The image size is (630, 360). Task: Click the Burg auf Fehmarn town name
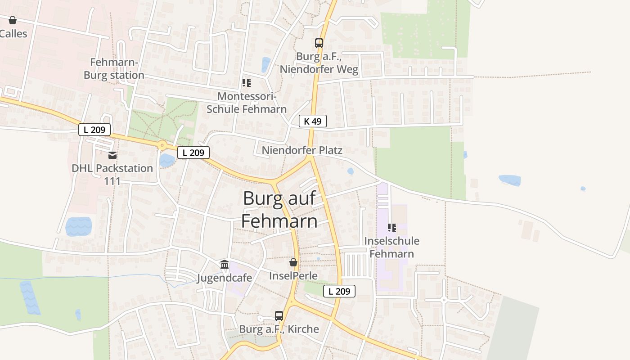click(279, 210)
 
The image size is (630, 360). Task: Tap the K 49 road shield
click(312, 121)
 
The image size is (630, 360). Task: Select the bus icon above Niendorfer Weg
click(319, 43)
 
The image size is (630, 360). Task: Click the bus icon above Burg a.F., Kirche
click(279, 316)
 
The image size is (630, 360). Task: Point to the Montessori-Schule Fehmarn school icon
click(246, 83)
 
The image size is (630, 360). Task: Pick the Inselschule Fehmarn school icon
click(391, 228)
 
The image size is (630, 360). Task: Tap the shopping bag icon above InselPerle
click(293, 262)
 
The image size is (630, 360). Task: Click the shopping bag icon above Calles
click(13, 20)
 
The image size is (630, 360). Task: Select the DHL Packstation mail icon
click(112, 155)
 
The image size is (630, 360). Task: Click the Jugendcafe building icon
click(225, 265)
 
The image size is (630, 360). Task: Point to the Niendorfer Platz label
click(302, 150)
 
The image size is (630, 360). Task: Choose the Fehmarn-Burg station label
click(114, 69)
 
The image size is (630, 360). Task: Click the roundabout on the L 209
click(162, 145)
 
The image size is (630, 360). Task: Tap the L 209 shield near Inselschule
click(339, 291)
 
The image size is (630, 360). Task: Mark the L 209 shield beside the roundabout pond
click(193, 153)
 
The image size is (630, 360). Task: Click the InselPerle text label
click(293, 276)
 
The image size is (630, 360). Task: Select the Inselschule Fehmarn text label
click(391, 247)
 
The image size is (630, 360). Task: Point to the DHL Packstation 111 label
click(112, 175)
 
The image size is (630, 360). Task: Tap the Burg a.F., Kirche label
click(279, 329)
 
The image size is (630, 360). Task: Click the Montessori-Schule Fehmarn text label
click(246, 103)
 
